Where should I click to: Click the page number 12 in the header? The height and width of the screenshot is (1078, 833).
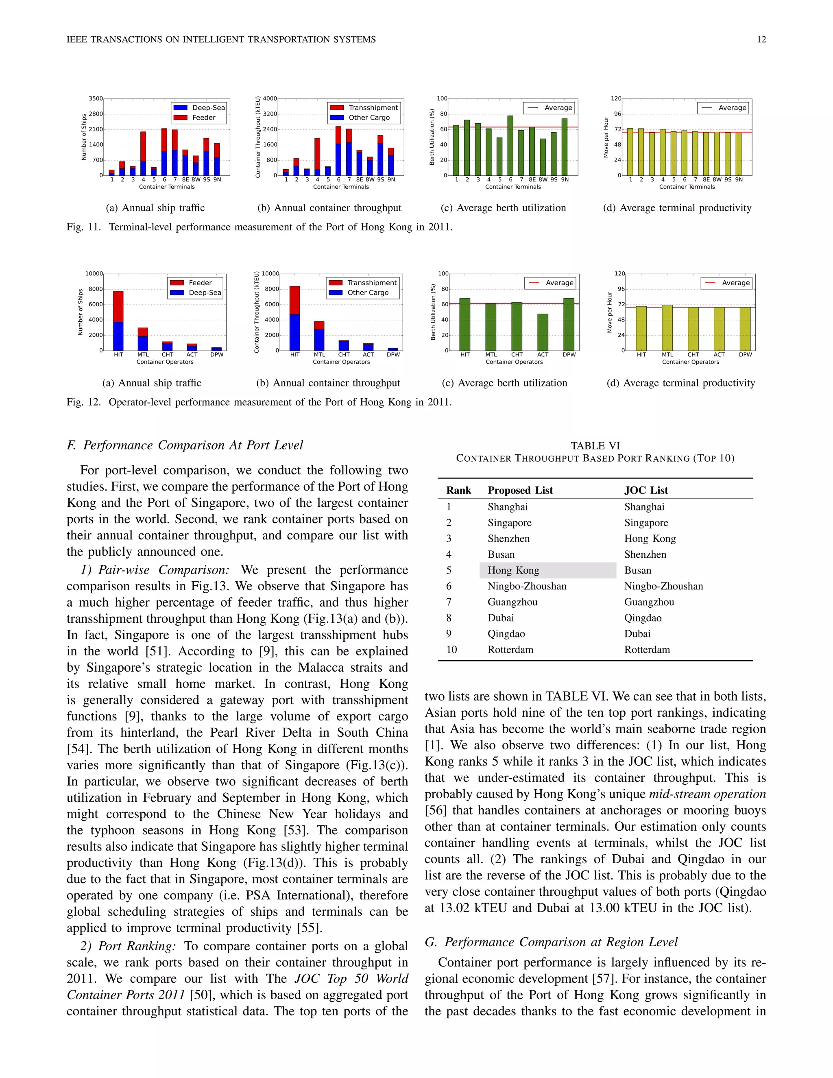tap(761, 39)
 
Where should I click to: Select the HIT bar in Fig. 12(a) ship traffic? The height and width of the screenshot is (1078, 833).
tap(118, 321)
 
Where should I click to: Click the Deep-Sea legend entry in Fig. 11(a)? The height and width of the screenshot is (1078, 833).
tap(199, 108)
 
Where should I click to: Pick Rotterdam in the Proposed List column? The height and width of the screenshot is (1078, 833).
tap(510, 650)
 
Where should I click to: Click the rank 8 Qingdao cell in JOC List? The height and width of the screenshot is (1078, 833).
tap(643, 618)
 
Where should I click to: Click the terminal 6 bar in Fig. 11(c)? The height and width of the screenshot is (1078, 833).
tap(510, 146)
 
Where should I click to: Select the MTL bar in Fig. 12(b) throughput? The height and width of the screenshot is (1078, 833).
tap(319, 336)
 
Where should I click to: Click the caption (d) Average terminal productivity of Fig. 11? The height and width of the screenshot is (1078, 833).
tap(677, 208)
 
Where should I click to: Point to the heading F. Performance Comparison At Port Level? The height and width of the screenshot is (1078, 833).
tap(185, 445)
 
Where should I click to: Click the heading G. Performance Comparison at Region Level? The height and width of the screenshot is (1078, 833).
tap(551, 942)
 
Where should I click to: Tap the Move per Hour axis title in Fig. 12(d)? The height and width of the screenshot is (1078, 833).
tap(609, 312)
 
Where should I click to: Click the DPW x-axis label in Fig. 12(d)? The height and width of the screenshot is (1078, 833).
tap(745, 355)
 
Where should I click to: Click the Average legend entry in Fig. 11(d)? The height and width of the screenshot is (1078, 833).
tap(724, 108)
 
